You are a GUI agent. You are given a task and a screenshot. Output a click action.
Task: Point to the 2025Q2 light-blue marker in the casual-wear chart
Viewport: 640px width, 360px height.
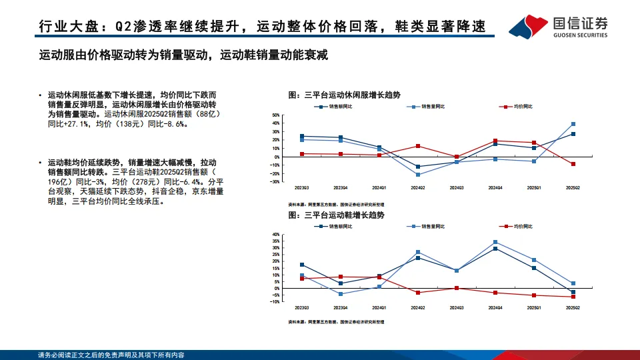click(x=573, y=124)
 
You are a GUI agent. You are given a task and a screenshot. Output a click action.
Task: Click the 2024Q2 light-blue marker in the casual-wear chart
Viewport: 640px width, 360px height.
click(x=417, y=175)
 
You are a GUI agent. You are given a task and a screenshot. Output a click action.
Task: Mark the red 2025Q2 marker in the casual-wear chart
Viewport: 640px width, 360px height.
click(x=573, y=164)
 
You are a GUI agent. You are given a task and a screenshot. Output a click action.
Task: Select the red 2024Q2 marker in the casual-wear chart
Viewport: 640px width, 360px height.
click(x=417, y=146)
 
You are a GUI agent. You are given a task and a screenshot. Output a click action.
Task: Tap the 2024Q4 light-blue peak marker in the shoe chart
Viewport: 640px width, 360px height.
click(x=495, y=242)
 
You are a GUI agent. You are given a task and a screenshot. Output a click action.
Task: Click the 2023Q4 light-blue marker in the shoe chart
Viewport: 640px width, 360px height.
click(x=341, y=294)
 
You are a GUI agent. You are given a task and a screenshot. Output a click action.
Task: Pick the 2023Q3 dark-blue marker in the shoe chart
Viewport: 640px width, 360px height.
click(x=302, y=265)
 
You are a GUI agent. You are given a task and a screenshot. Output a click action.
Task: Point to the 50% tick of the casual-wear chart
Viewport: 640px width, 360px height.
click(x=275, y=115)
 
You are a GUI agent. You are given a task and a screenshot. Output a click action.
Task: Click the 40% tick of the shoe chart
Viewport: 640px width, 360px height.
click(x=275, y=235)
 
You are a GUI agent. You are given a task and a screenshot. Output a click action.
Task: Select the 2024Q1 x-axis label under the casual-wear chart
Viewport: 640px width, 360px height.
click(x=379, y=188)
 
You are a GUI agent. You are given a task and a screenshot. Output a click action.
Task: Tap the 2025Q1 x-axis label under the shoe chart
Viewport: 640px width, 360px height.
click(x=534, y=308)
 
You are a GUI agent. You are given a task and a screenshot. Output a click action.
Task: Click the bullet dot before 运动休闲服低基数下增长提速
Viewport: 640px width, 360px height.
click(x=41, y=95)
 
